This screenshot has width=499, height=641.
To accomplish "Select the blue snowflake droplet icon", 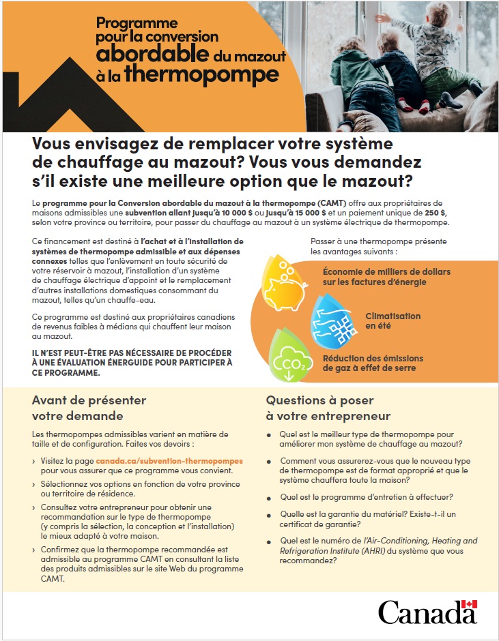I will tap(333, 321).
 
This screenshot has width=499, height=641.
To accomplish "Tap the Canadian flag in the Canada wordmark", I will tap(469, 604).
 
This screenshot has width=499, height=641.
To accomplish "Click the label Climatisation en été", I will tap(393, 321).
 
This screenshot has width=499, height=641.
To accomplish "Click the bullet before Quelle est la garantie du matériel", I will tap(270, 515).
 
